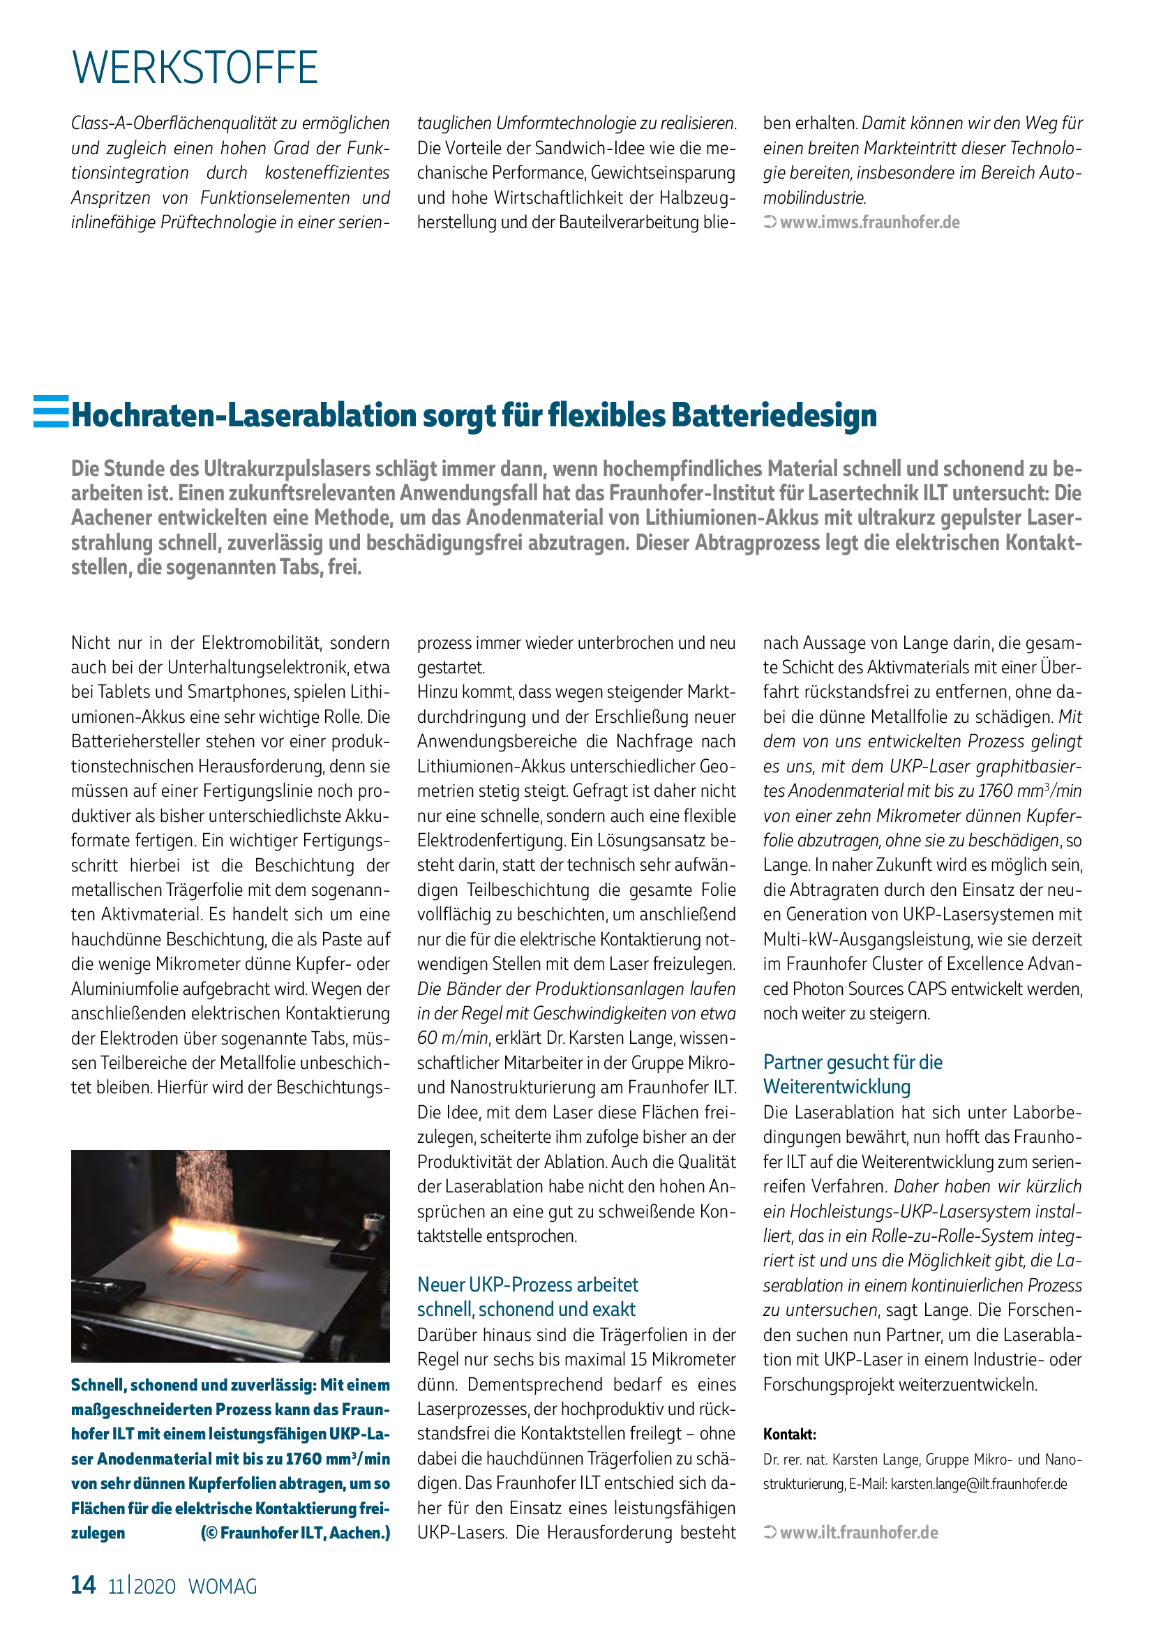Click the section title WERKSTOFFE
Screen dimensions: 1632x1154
[195, 68]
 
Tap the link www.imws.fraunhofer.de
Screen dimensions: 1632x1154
[869, 223]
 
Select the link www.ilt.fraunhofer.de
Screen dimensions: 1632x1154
[858, 1533]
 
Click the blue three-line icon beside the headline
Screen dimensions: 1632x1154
[51, 412]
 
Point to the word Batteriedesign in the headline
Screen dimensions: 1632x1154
[774, 415]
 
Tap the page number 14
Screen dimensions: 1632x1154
[83, 1585]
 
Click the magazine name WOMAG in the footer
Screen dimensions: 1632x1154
[223, 1587]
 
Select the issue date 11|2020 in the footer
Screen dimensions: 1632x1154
[142, 1587]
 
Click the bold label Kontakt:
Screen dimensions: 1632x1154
[790, 1435]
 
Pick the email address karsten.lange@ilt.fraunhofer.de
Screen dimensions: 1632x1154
[978, 1484]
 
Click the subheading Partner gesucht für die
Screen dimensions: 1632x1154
[853, 1062]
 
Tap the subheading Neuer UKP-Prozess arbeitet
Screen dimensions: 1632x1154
[527, 1285]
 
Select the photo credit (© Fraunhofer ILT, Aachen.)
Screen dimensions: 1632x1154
[296, 1533]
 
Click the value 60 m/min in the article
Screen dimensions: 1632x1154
[452, 1038]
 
